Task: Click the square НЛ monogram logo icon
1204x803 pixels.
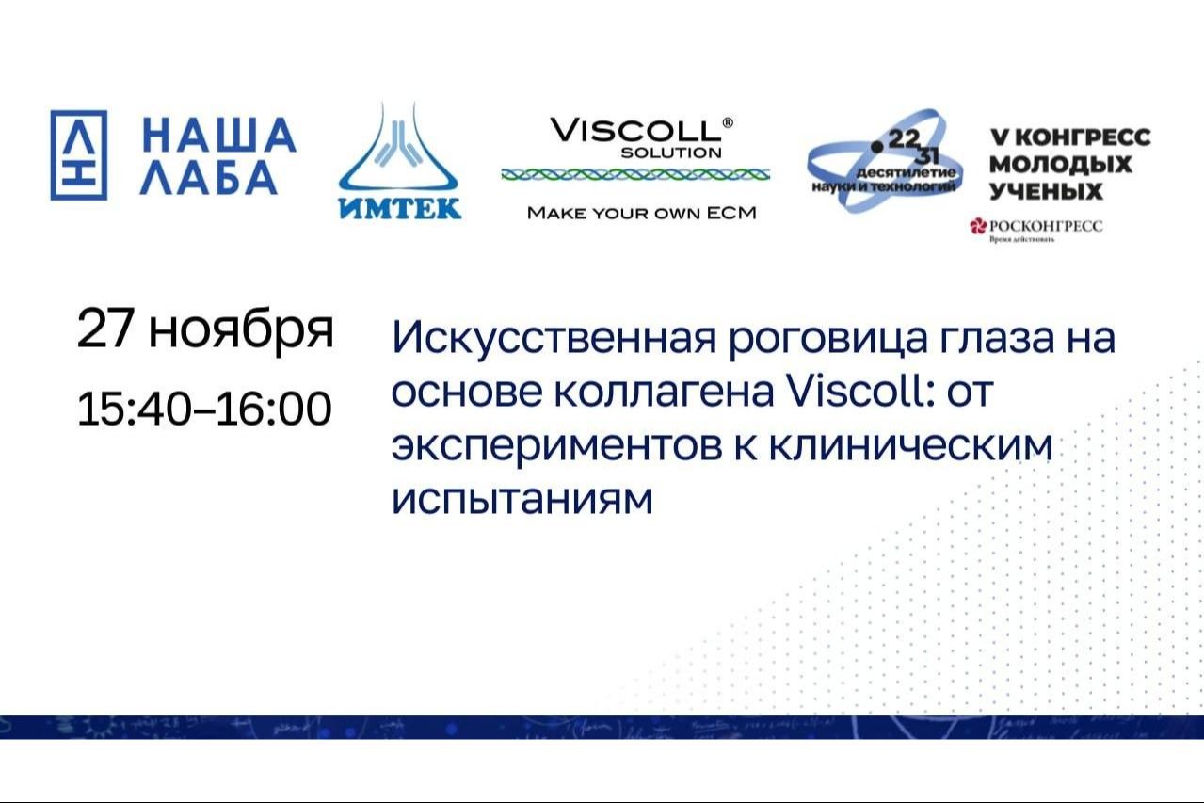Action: click(78, 155)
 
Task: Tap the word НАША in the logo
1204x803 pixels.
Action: click(218, 135)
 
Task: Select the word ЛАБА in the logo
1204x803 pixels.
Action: click(209, 178)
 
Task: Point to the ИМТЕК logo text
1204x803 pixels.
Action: click(399, 208)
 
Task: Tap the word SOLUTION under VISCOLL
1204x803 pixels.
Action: click(671, 152)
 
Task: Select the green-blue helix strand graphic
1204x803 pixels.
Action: click(635, 174)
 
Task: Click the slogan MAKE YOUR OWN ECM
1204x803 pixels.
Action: click(641, 213)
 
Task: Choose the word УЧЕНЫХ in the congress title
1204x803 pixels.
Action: click(1046, 191)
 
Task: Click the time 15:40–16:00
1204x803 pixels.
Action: click(204, 408)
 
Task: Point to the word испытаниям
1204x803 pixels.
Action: click(522, 500)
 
